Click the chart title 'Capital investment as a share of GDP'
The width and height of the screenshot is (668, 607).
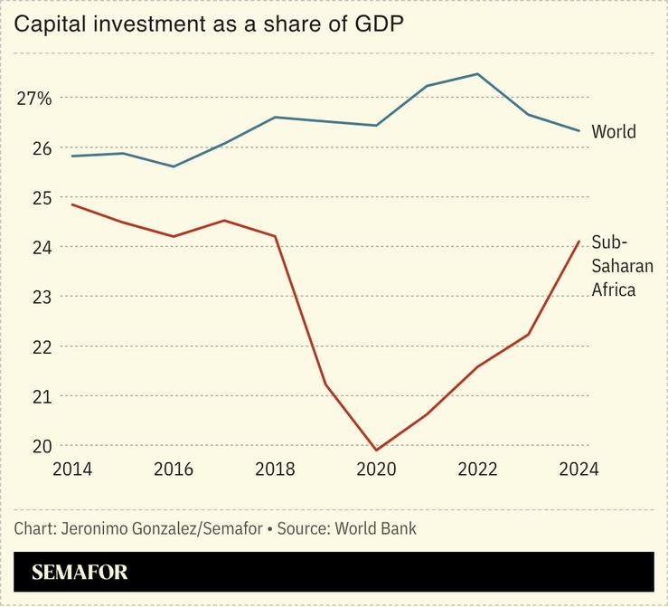(x=208, y=24)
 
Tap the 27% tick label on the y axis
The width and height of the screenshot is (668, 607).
(x=34, y=98)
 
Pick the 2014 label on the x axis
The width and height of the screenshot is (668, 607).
(x=72, y=469)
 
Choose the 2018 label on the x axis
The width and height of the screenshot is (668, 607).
(x=275, y=469)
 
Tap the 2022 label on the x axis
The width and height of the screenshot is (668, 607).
(x=477, y=469)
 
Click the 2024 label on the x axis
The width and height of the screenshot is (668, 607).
(x=579, y=469)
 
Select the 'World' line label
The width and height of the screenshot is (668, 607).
(x=614, y=132)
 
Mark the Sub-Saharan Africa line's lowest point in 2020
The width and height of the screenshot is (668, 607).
(x=376, y=450)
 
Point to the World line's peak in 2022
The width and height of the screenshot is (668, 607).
(x=477, y=74)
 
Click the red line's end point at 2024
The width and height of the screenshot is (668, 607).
(x=579, y=242)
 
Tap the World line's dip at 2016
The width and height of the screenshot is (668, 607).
(x=174, y=166)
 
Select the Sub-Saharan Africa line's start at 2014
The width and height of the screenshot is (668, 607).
(x=72, y=204)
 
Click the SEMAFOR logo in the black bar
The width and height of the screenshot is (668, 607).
(x=80, y=573)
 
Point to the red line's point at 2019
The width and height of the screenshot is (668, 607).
(x=325, y=384)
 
